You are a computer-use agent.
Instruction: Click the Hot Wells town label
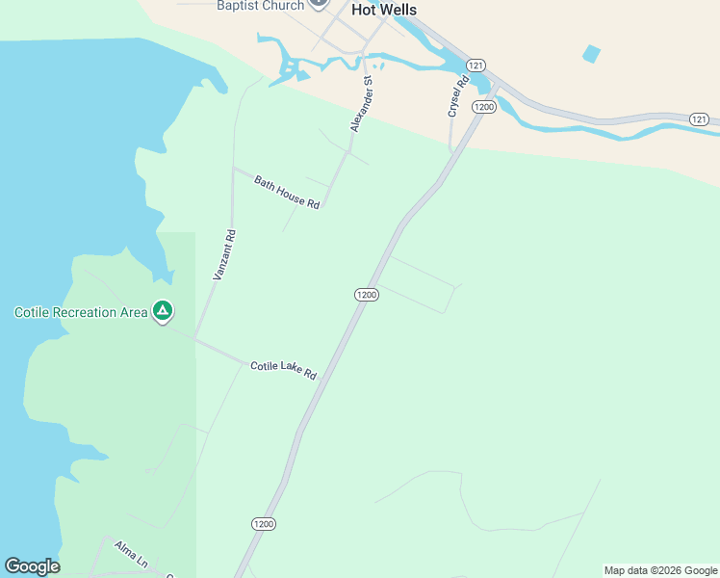(x=384, y=10)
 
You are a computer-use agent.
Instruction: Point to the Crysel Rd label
(x=457, y=96)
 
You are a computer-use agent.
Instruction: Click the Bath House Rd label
(x=287, y=192)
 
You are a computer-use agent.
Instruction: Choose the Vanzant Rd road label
(x=223, y=255)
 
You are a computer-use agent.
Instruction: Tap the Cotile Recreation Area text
(x=81, y=312)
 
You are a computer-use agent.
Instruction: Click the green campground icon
(x=163, y=311)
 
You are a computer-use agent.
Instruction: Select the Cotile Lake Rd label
(x=283, y=370)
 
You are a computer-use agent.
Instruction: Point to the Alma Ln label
(x=130, y=552)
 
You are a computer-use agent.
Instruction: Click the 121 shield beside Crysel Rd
(x=475, y=65)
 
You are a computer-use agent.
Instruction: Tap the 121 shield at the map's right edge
(x=700, y=118)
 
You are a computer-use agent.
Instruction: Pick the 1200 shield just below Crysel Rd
(x=483, y=107)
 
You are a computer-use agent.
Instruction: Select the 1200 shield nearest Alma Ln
(x=264, y=524)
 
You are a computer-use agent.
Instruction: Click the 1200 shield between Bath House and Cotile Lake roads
(x=366, y=295)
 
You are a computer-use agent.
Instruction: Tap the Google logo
(x=32, y=566)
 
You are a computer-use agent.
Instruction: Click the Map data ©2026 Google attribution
(x=660, y=570)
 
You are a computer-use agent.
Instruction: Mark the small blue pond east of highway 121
(x=591, y=54)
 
